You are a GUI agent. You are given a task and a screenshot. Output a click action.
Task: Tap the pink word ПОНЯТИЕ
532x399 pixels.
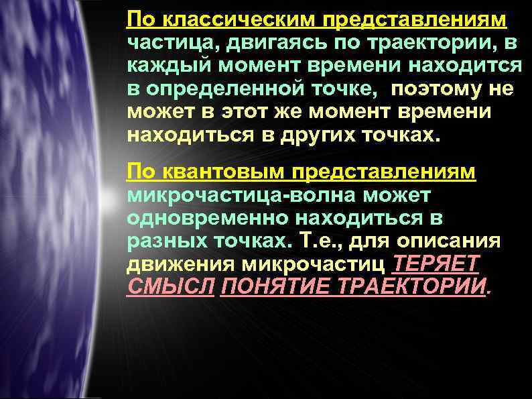(x=276, y=287)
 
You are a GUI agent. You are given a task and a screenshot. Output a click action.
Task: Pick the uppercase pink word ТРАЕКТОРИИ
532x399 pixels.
(x=413, y=287)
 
